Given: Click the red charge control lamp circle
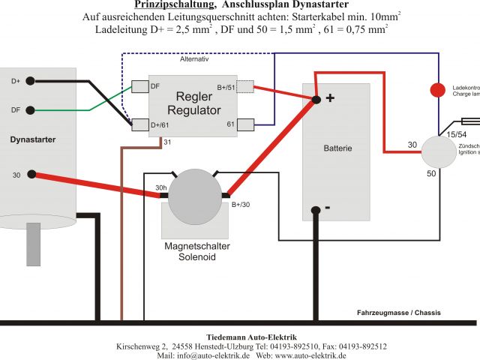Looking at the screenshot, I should coord(436,90).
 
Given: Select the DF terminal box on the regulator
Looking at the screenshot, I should coord(140,87).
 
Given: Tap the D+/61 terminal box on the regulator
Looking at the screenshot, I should coord(140,124).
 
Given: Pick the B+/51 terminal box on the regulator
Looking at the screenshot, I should coord(246,87).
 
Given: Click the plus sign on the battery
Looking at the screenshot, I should coord(329,97).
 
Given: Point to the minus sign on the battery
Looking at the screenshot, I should coord(328,205).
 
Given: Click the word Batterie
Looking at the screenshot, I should coord(337,148).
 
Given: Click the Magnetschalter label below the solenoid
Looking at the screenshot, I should coord(196,246).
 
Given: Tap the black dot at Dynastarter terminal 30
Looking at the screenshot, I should coord(31,175).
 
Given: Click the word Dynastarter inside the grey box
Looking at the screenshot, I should coord(33,139).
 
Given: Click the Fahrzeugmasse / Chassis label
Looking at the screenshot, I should coord(398,313).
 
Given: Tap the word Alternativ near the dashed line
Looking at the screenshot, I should coord(194,58).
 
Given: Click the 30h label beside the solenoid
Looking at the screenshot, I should coord(160,187).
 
